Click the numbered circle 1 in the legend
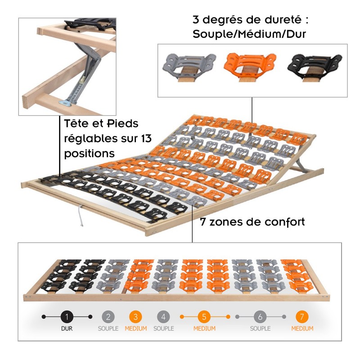point(67,317)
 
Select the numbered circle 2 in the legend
point(108,317)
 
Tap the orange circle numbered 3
point(136,317)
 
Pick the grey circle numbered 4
point(163,317)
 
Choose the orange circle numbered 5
point(204,317)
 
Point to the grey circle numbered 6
point(260,317)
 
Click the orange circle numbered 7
point(302,317)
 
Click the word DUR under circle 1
point(67,328)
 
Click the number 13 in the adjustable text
point(145,138)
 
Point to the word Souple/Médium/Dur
point(249,34)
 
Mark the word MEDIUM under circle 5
point(204,328)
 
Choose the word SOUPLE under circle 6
point(260,328)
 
